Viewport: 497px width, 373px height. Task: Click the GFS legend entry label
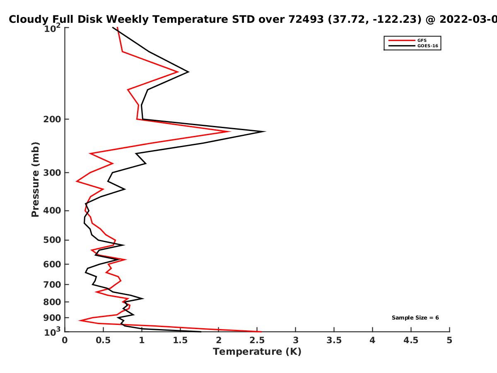tap(422, 40)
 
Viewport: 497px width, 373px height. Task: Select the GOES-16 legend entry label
tap(428, 46)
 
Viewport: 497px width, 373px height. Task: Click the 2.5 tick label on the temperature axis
tap(257, 340)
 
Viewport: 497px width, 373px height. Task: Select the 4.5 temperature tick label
tap(411, 340)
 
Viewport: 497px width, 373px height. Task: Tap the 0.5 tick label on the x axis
tap(103, 340)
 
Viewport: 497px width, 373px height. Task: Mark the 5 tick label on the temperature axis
tap(449, 340)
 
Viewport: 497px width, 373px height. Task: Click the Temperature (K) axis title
tap(257, 352)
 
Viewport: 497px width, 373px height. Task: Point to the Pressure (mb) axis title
tap(35, 179)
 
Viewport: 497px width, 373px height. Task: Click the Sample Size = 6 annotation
tap(415, 318)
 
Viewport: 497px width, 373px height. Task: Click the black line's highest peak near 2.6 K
tap(265, 131)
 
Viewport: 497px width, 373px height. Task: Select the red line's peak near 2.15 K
tap(230, 131)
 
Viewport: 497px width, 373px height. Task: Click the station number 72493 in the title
tap(306, 19)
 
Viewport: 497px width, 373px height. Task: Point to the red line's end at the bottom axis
tap(261, 332)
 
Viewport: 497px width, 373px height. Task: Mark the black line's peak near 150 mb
tap(188, 72)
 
